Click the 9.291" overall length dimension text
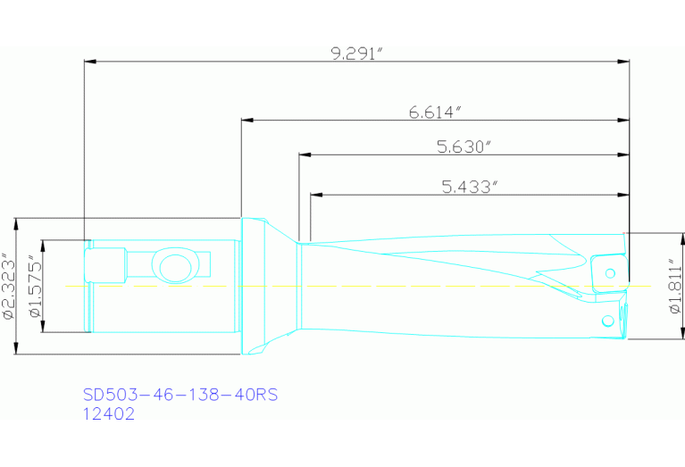(356, 53)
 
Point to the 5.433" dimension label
(469, 187)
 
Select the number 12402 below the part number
(109, 413)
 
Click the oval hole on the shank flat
(172, 265)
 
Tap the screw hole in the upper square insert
(611, 271)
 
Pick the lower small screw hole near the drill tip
(607, 319)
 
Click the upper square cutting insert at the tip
(607, 271)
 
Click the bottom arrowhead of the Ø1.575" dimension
(43, 329)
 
